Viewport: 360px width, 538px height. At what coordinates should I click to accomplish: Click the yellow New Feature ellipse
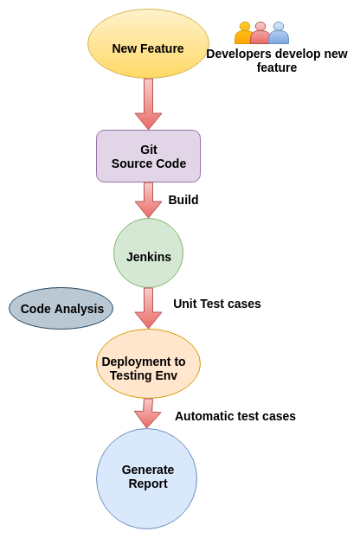[148, 43]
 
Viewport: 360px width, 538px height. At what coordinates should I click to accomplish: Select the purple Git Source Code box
[148, 156]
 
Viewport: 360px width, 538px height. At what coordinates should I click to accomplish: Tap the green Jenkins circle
[148, 253]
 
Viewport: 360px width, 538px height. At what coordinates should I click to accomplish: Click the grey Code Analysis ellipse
[61, 308]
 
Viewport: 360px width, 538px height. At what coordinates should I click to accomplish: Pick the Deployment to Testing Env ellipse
[148, 363]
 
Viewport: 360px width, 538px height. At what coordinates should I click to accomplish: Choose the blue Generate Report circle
[146, 478]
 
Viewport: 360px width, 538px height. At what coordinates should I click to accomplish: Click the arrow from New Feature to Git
[148, 104]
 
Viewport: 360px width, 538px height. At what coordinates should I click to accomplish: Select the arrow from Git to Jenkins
[148, 200]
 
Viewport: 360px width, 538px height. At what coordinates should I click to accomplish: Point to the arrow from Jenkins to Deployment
[148, 308]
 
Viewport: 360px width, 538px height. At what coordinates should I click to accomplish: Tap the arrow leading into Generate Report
[148, 413]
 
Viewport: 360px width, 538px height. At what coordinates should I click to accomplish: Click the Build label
[183, 200]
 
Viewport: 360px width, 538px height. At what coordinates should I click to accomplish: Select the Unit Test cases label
[217, 304]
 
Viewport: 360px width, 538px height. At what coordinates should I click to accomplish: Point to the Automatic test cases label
[235, 416]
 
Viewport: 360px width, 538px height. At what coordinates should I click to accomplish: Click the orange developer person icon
[243, 33]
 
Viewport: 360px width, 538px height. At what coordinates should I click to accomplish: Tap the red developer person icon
[260, 33]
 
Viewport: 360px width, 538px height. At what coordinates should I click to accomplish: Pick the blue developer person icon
[279, 33]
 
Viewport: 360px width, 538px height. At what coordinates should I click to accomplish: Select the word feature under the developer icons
[277, 67]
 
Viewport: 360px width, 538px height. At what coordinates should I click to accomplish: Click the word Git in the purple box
[149, 150]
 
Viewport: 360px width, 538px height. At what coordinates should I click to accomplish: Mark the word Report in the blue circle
[148, 484]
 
